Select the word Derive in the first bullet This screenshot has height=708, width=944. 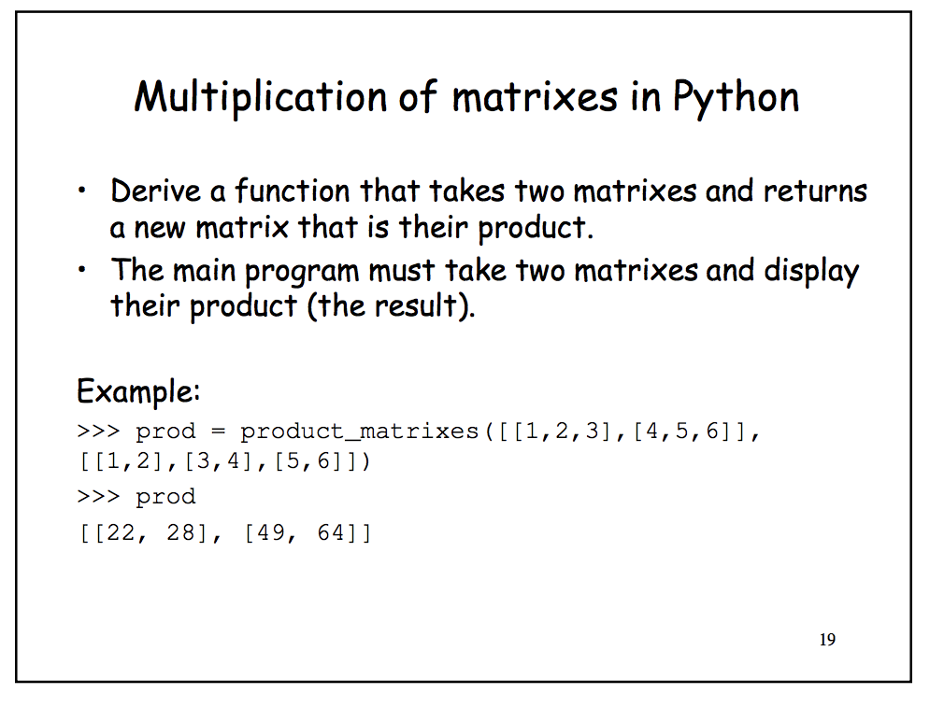156,191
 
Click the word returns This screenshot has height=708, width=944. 815,191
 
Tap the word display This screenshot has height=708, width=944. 810,272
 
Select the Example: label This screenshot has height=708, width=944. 138,390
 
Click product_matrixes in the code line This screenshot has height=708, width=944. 359,432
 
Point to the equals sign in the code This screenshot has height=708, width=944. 219,432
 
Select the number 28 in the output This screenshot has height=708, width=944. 182,534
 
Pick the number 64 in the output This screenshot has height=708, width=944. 333,534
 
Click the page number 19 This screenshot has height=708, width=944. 826,640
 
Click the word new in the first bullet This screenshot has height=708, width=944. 150,226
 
